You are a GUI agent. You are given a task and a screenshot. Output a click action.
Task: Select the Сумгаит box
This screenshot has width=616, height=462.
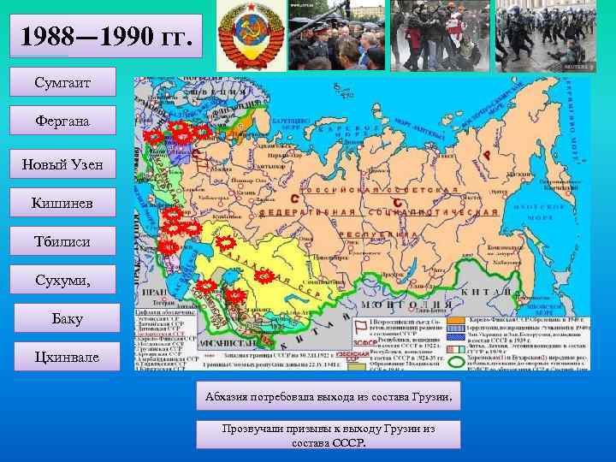(62, 83)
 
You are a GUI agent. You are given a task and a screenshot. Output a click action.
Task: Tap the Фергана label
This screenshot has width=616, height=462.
(62, 121)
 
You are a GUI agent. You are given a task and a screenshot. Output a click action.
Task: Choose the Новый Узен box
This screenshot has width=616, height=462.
(62, 163)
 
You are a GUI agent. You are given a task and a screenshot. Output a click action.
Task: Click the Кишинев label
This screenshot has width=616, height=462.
(62, 202)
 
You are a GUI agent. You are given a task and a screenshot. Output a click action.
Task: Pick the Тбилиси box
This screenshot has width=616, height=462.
(62, 242)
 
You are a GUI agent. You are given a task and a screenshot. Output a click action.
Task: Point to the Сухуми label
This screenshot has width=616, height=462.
(62, 280)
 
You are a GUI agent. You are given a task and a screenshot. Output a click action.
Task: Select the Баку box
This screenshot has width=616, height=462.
(62, 320)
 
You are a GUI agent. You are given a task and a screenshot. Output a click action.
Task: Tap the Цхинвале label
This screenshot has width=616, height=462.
(62, 357)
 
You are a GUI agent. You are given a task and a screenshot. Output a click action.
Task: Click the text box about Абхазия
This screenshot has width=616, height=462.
(328, 397)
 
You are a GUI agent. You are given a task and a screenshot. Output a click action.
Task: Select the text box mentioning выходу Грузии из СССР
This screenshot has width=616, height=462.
(328, 435)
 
